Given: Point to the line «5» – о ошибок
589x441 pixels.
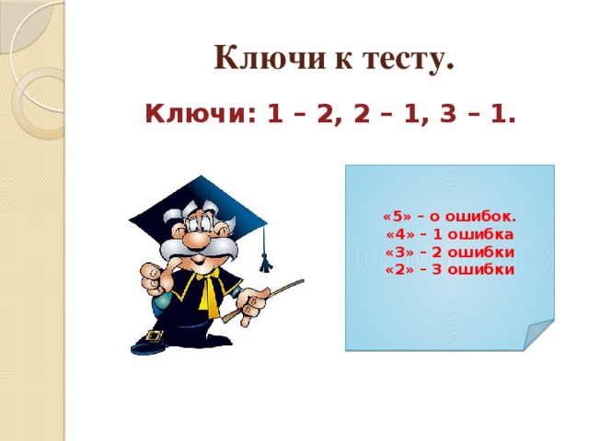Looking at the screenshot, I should (449, 218).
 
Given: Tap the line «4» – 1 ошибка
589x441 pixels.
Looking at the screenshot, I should (449, 235).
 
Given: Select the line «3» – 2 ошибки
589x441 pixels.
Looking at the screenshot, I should (449, 252).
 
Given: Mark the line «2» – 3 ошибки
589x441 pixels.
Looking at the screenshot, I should (449, 269).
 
